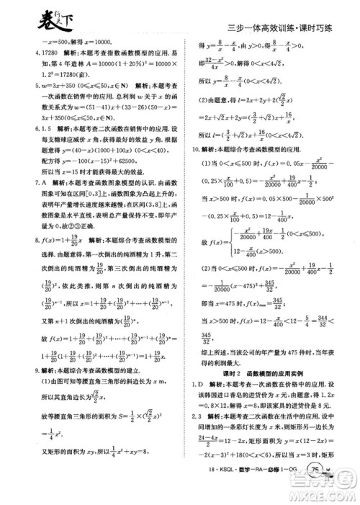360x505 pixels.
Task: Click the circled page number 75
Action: tap(315, 490)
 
